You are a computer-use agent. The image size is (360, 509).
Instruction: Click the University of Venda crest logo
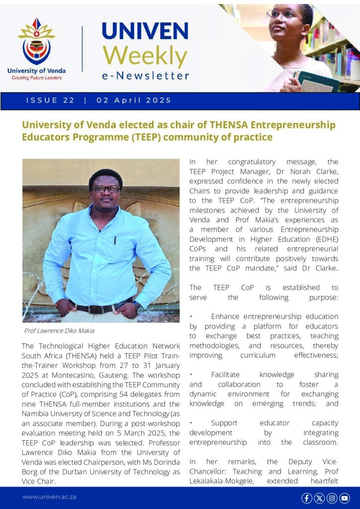pos(36,42)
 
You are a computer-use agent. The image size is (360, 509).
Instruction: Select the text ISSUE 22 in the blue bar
pos(50,100)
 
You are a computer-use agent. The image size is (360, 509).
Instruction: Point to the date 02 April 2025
pos(134,100)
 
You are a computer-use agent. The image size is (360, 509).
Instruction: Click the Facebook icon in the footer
pos(307,498)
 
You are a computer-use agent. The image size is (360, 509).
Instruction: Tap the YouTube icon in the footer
pos(345,498)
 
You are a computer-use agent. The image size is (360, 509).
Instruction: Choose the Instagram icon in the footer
pos(332,498)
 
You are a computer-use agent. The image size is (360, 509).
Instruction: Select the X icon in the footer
pos(319,498)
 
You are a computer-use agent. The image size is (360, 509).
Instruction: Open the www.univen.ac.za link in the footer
pos(49,497)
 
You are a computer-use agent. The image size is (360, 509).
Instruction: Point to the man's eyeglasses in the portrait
pos(105,189)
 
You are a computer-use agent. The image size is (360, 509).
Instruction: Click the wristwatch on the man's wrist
pos(138,307)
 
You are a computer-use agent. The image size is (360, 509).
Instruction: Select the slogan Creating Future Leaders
pos(36,78)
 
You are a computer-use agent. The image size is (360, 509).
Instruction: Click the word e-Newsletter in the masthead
pos(145,76)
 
